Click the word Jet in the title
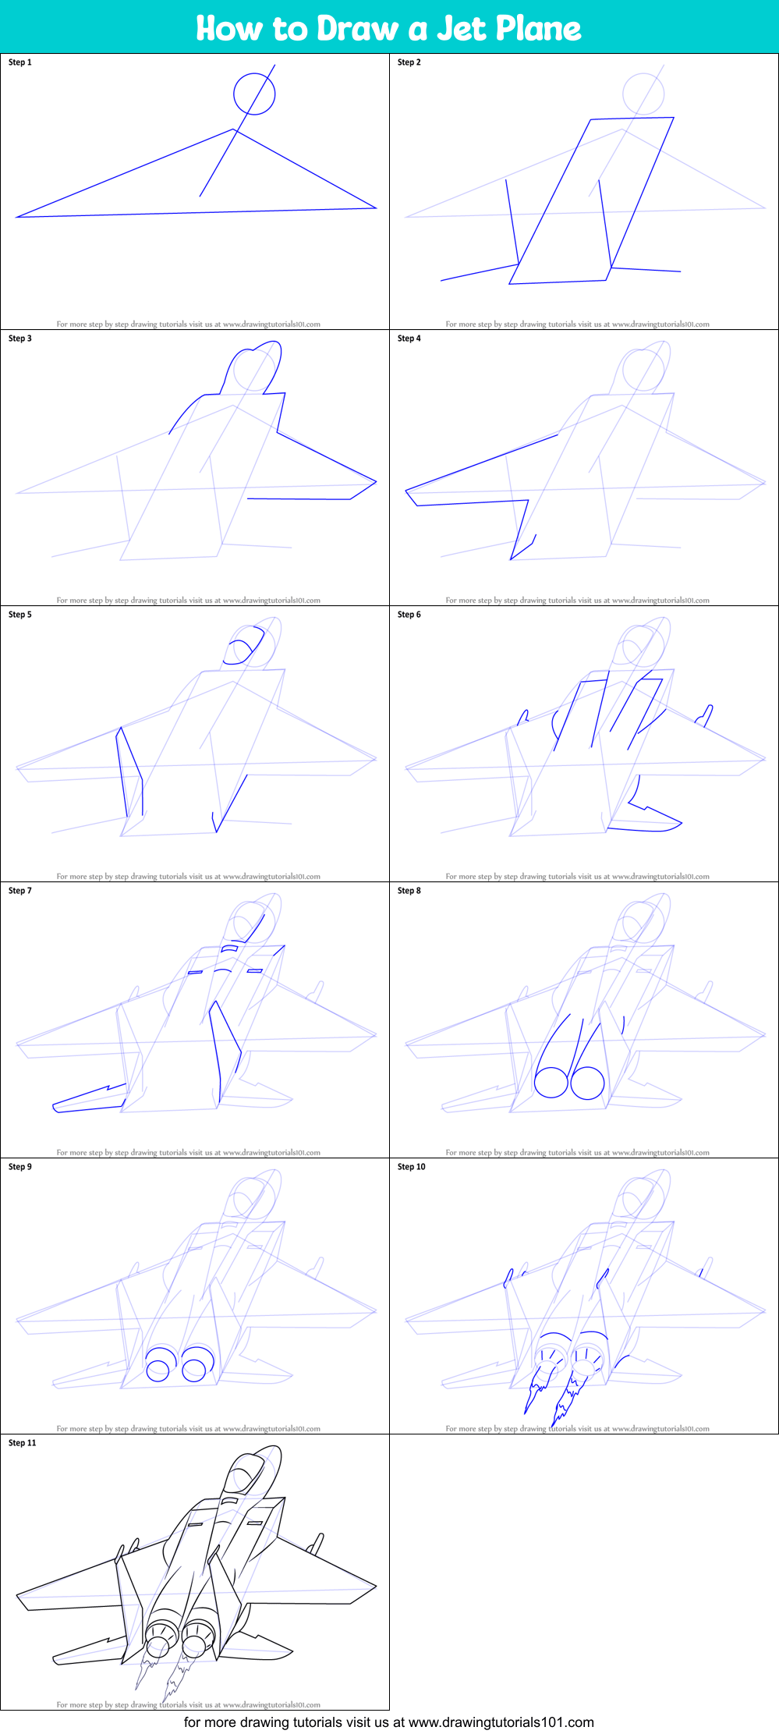[462, 29]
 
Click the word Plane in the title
[539, 29]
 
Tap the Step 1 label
[20, 62]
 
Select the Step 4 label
[409, 339]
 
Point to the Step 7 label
[20, 891]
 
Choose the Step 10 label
[412, 1167]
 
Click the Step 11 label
[23, 1443]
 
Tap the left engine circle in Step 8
[551, 1082]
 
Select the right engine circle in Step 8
[587, 1083]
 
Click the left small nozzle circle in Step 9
[158, 1371]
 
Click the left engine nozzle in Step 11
[161, 1635]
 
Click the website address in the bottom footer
[501, 1722]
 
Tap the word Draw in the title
[358, 29]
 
